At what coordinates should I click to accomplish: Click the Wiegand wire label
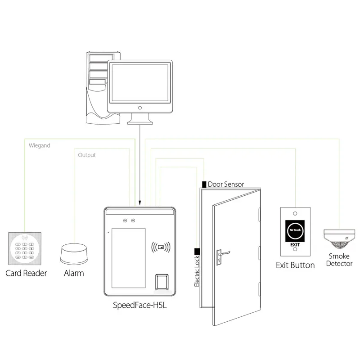40,146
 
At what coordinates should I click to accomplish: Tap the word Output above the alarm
87,155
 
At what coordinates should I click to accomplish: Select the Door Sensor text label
226,184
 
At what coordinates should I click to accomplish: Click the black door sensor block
204,184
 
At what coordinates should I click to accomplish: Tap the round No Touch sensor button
295,230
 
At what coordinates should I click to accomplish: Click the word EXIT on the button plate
295,244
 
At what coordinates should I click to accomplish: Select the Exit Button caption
295,265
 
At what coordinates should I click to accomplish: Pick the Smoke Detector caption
339,260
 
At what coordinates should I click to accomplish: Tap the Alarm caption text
74,273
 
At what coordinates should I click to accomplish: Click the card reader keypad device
25,248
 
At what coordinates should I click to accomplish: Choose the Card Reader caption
26,273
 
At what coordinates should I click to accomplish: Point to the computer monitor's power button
140,108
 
